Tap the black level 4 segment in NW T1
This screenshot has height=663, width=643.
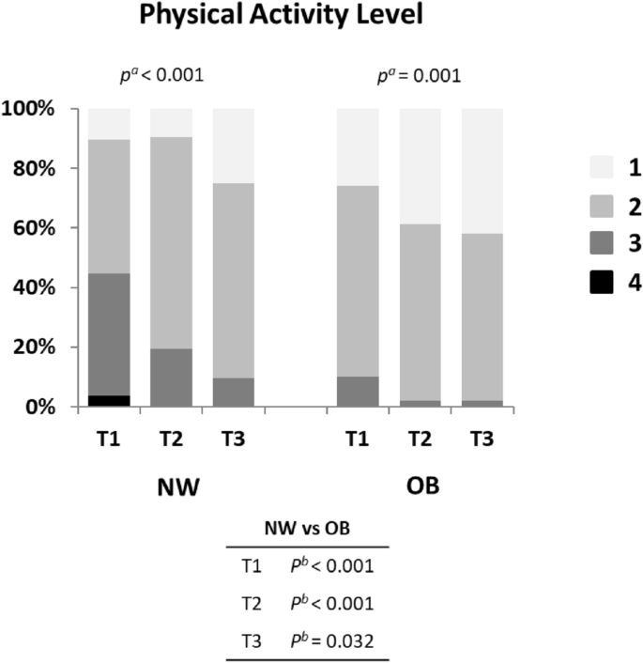click(109, 401)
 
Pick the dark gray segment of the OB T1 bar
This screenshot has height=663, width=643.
click(358, 392)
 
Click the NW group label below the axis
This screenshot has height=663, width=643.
click(171, 489)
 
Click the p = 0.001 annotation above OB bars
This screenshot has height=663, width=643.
click(419, 74)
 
